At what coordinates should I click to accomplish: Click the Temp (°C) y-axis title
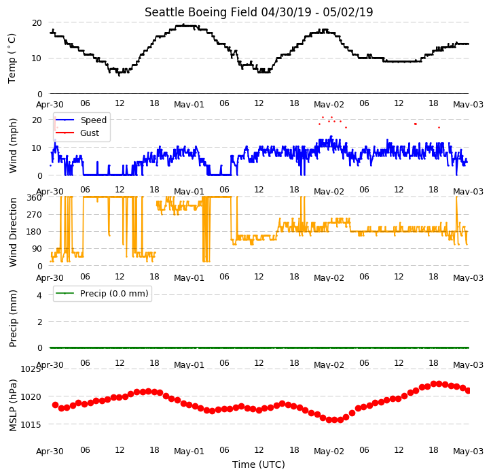pos(12,58)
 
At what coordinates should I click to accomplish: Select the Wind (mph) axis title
pos(13,146)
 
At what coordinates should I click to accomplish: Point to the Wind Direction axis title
pos(13,232)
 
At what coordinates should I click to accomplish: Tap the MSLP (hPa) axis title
pos(13,405)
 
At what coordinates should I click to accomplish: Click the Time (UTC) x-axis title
pos(259,464)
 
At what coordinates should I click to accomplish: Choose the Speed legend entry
pos(93,120)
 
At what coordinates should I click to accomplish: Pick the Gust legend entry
pos(90,133)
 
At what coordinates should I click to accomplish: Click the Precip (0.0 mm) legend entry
pos(114,294)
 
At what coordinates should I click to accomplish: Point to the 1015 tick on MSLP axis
pos(31,424)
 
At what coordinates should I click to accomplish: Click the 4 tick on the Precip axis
pos(39,295)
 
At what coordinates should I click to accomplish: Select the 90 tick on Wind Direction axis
pos(37,249)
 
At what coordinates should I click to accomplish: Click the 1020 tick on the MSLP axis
pos(31,397)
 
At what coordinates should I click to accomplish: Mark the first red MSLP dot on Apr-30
pos(56,405)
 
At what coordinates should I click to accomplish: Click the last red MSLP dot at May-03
pos(468,390)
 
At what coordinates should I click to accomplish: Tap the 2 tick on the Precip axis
pos(39,322)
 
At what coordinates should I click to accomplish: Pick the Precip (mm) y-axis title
pos(13,319)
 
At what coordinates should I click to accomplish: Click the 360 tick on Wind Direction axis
pos(34,198)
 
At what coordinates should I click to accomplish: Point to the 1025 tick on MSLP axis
pos(31,369)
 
